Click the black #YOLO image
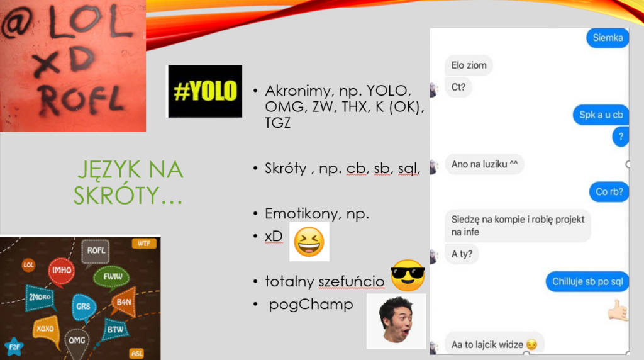pyautogui.click(x=205, y=91)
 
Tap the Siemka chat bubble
pyautogui.click(x=608, y=38)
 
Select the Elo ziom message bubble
pyautogui.click(x=469, y=65)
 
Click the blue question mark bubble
pyautogui.click(x=621, y=137)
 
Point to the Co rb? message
pyautogui.click(x=609, y=192)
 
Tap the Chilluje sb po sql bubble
pyautogui.click(x=587, y=281)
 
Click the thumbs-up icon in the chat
pyautogui.click(x=618, y=310)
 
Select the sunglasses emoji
pyautogui.click(x=408, y=275)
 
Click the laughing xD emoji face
pyautogui.click(x=309, y=242)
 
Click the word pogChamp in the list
pyautogui.click(x=311, y=305)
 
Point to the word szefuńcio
pyautogui.click(x=351, y=281)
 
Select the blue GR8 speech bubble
pyautogui.click(x=84, y=307)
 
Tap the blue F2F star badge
pyautogui.click(x=14, y=347)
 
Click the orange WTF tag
pyautogui.click(x=144, y=244)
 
